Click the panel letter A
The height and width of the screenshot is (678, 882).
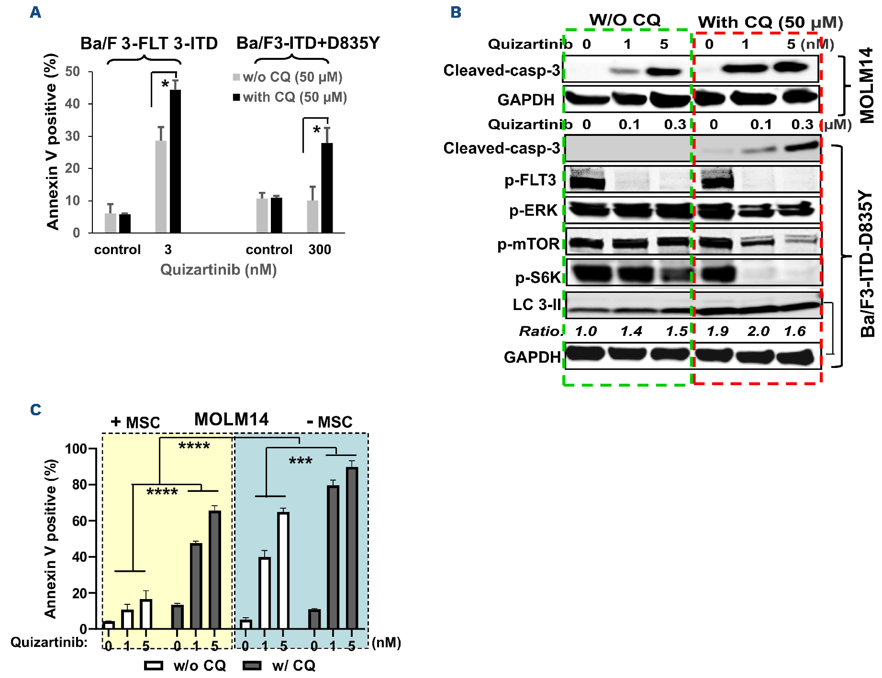tap(35, 12)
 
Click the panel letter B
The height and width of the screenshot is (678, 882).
tap(456, 12)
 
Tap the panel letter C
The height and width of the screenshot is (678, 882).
tap(35, 410)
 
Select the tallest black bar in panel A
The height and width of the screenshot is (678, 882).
tap(176, 161)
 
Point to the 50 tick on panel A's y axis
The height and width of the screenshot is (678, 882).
tap(73, 72)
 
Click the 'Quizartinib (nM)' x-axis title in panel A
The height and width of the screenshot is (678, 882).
tap(218, 270)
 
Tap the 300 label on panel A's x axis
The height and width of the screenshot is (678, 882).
tap(320, 250)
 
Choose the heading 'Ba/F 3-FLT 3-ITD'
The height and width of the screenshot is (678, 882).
tap(149, 44)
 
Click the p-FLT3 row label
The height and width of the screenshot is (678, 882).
tap(530, 180)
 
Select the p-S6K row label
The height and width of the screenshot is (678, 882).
tap(537, 278)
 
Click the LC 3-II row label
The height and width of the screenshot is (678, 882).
tap(536, 305)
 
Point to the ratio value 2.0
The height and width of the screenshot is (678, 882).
tap(759, 331)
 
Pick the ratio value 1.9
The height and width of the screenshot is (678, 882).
tap(718, 331)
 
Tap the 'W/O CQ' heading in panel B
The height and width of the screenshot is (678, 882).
tap(625, 20)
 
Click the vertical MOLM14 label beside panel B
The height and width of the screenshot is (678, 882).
tap(867, 85)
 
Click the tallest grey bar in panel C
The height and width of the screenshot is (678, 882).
tap(352, 547)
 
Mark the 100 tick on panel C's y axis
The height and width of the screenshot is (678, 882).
tap(76, 449)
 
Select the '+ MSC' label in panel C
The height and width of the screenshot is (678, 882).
tap(135, 422)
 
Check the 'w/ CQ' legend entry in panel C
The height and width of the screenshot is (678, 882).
tap(293, 666)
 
